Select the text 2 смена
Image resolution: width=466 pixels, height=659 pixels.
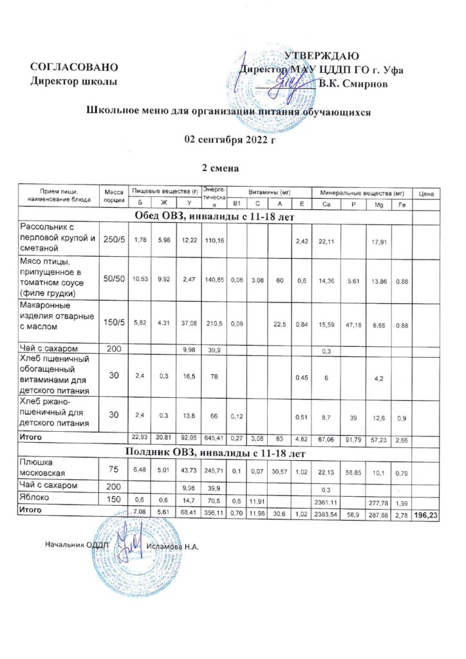point(221,169)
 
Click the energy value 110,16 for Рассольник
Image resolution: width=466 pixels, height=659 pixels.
point(213,241)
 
